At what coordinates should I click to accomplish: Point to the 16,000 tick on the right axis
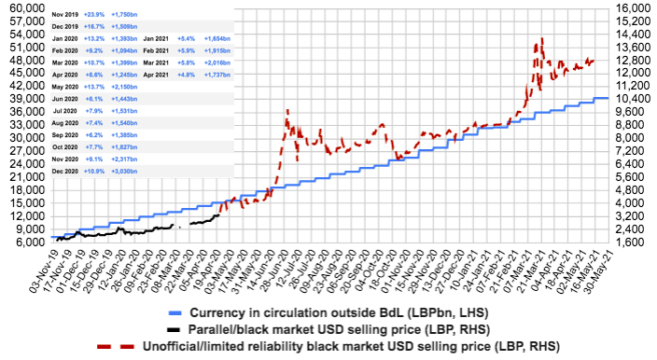(633, 7)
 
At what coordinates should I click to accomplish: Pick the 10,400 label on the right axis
(633, 98)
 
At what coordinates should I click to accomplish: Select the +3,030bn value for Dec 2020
(123, 172)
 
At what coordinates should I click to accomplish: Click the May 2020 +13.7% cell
(95, 85)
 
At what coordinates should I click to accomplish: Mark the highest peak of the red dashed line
(541, 39)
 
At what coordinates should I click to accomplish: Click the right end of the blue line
(608, 97)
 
